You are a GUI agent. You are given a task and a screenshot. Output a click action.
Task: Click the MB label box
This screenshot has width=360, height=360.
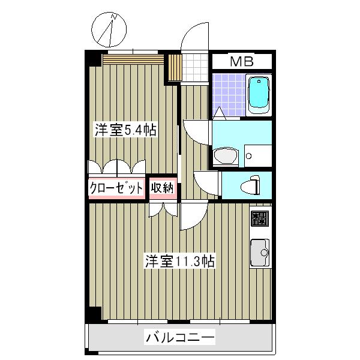click(x=242, y=61)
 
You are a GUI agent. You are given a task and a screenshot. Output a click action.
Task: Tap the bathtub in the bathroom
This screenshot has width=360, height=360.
click(x=259, y=94)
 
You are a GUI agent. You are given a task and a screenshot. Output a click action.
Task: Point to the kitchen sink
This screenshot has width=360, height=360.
click(x=259, y=253)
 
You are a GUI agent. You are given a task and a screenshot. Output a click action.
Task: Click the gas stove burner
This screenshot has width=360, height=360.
click(x=259, y=218)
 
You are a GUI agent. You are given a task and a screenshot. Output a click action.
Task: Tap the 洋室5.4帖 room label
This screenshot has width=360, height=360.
click(x=124, y=130)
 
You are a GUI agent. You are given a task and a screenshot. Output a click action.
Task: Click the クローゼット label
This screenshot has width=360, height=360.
click(x=116, y=188)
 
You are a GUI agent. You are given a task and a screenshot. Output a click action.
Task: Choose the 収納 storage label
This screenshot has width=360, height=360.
click(x=162, y=188)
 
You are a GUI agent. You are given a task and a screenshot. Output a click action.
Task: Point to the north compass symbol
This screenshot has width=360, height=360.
click(x=110, y=31)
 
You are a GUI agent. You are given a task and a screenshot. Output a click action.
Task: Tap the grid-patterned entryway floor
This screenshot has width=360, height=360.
click(x=195, y=67)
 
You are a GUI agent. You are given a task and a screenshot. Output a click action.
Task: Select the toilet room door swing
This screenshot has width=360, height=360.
click(x=207, y=182)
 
